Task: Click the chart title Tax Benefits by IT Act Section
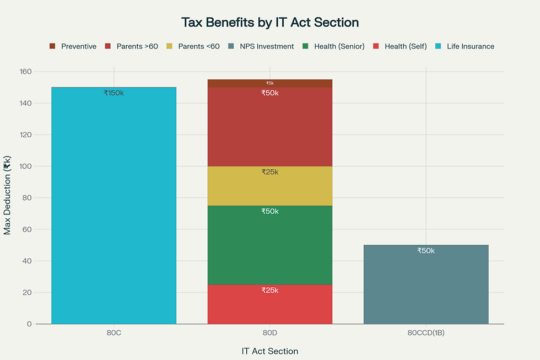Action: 270,23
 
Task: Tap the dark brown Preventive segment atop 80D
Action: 270,83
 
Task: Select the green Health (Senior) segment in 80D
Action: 270,245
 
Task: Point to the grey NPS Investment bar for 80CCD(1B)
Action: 426,287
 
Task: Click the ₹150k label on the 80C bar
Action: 114,93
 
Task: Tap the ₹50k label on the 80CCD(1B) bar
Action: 426,251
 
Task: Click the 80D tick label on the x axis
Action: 270,334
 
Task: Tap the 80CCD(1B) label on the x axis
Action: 426,334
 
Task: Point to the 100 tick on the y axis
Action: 25,166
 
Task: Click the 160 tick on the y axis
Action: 25,72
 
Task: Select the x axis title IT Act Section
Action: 270,351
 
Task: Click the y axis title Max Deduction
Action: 7,196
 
